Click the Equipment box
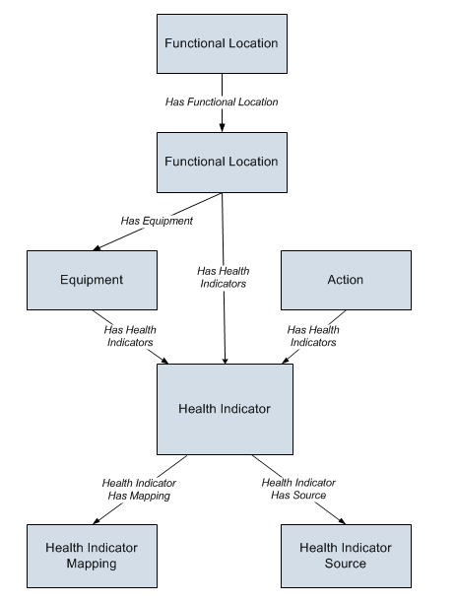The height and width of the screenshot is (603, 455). pos(92,280)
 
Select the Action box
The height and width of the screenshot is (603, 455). pos(346,280)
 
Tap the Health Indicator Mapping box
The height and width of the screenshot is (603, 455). pos(92,556)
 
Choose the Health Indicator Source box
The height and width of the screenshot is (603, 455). pos(346,556)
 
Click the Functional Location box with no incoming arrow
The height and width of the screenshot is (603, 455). pos(222,43)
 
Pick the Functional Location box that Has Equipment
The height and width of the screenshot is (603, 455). pos(222,163)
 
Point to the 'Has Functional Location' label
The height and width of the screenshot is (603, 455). pos(222,101)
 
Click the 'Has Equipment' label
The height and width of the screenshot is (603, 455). pos(157,221)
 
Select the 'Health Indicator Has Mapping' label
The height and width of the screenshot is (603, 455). pos(139,489)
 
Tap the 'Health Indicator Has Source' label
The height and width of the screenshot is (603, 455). pos(298,489)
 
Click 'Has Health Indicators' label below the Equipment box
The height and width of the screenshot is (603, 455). pos(130,336)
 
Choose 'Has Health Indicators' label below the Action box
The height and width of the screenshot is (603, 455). pos(313,336)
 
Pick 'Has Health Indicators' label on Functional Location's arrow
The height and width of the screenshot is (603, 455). pos(224,277)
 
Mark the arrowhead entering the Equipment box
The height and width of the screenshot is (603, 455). pos(97,248)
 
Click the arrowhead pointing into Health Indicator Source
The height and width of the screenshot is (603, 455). pos(342,521)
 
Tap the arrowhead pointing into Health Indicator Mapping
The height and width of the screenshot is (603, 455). pos(97,521)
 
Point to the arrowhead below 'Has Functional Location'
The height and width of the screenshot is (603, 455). pos(222,128)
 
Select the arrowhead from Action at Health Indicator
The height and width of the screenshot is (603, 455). pos(286,361)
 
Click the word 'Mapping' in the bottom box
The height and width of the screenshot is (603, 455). pos(92,564)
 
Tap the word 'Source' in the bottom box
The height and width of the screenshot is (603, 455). pos(346,564)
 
